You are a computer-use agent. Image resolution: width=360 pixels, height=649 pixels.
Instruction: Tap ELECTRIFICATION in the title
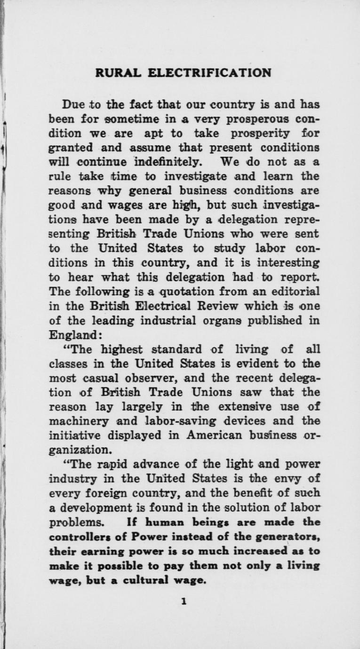point(209,73)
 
